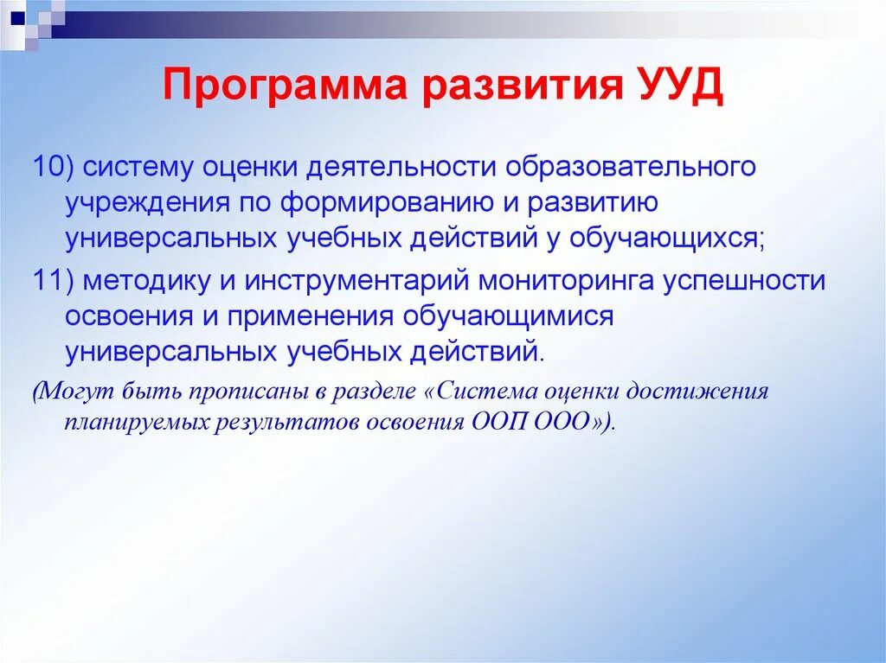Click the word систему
point(140,165)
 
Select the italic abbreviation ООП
point(500,423)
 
